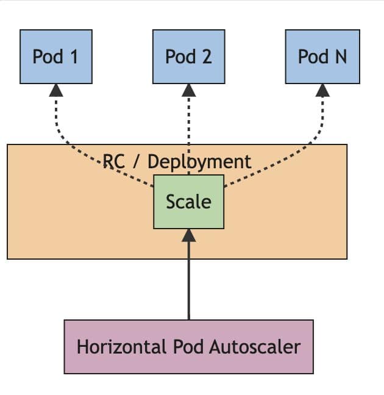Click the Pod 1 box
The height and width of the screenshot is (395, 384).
point(55,57)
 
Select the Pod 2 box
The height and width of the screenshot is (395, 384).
point(188,57)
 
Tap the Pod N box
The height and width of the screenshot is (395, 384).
point(322,57)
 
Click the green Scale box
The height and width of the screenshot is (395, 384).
point(188,202)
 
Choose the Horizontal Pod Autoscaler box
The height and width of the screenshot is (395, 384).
point(188,347)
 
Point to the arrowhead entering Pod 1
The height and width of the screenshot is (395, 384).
point(55,90)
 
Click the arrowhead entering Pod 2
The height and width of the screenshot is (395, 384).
point(188,90)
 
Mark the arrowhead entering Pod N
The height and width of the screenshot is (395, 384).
point(322,90)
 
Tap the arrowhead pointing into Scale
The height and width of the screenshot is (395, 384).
point(189,235)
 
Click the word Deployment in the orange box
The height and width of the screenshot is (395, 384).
point(199,162)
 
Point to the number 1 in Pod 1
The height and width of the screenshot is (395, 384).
point(74,57)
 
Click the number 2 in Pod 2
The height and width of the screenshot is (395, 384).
point(207,57)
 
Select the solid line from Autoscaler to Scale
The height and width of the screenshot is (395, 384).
point(189,280)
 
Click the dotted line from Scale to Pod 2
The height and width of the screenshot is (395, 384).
point(188,131)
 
